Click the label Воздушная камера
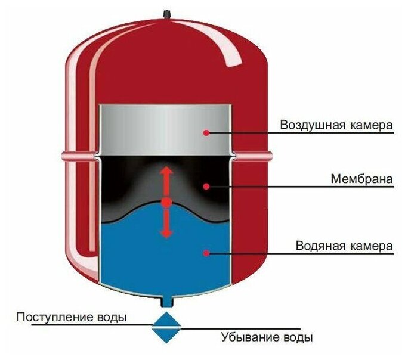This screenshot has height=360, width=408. point(336,126)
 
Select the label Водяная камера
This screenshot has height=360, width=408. point(344,246)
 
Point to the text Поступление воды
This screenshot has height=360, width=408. point(72,316)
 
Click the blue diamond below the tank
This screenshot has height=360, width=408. point(166,325)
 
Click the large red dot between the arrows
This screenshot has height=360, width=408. point(166,203)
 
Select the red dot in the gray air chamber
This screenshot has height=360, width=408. point(206,132)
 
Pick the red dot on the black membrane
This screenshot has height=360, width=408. point(206,187)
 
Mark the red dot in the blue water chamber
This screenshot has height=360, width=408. point(206,253)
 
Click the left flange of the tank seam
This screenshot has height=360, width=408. point(79,157)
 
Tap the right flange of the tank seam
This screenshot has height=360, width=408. point(253,157)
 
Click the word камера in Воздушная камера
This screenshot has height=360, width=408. point(372,126)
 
